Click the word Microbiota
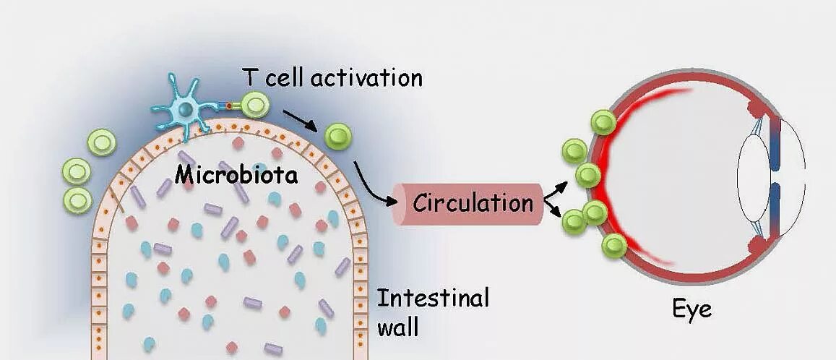click(x=236, y=174)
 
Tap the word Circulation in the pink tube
click(x=473, y=203)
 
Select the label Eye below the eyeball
click(x=691, y=309)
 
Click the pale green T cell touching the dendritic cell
click(x=255, y=105)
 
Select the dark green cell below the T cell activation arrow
click(x=337, y=134)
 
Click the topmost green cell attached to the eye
click(x=603, y=122)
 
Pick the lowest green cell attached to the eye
click(x=614, y=246)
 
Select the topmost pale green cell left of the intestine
click(x=101, y=142)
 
